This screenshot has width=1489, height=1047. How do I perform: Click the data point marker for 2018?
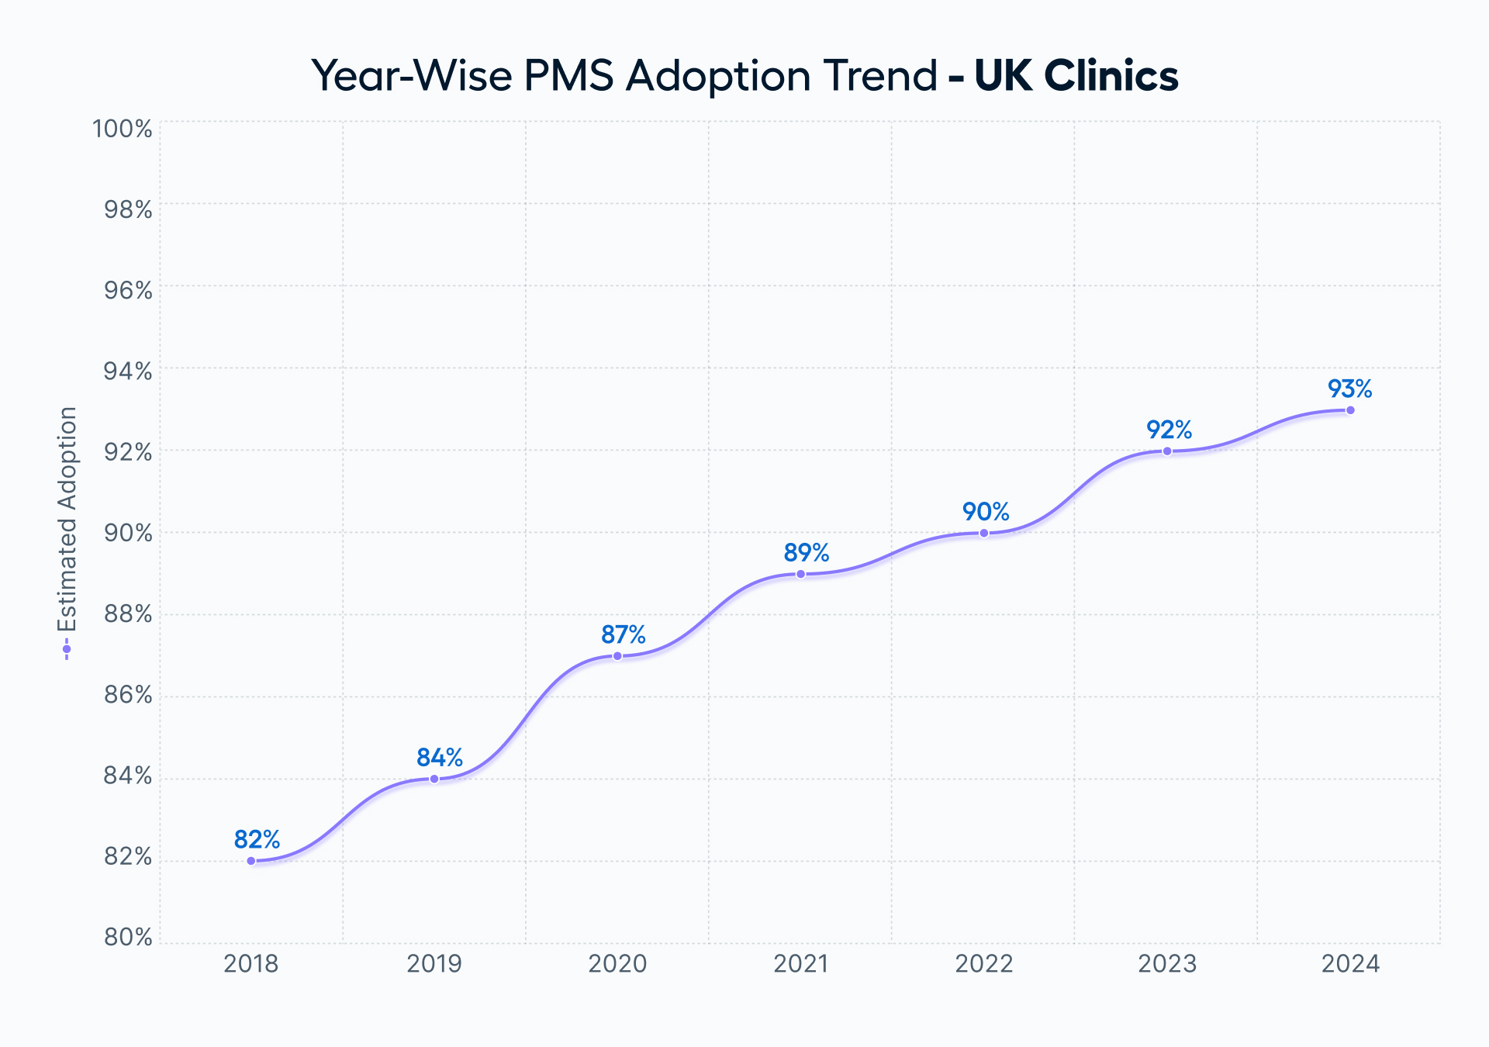pos(251,861)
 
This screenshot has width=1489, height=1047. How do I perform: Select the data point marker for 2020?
pos(617,656)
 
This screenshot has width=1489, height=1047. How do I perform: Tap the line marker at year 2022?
pos(984,533)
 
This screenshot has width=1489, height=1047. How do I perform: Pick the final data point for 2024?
pos(1350,410)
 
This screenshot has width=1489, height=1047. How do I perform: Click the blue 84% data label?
pos(440,757)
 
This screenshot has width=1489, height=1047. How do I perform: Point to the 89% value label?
pos(806,553)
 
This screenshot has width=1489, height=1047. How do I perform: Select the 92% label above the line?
pos(1169,430)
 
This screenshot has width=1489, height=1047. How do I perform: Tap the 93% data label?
pos(1349,389)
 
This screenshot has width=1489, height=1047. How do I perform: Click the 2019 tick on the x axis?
pos(434,964)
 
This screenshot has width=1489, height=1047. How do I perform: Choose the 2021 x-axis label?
pos(800,964)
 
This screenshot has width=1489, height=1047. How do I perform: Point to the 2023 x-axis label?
pos(1167,964)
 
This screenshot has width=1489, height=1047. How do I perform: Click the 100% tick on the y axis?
pos(123,129)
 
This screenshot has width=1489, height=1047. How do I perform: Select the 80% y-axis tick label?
pos(128,938)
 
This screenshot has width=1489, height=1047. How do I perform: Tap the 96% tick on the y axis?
pos(128,290)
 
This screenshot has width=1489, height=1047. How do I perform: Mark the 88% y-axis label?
pos(128,614)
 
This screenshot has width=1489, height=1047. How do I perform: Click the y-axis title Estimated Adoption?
pos(67,519)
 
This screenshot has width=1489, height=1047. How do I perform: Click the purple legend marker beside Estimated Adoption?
pos(67,649)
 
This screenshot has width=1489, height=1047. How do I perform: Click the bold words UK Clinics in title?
pos(1076,76)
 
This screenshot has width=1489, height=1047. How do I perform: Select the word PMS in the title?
pos(568,76)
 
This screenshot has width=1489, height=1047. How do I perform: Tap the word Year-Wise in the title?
pos(411,76)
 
